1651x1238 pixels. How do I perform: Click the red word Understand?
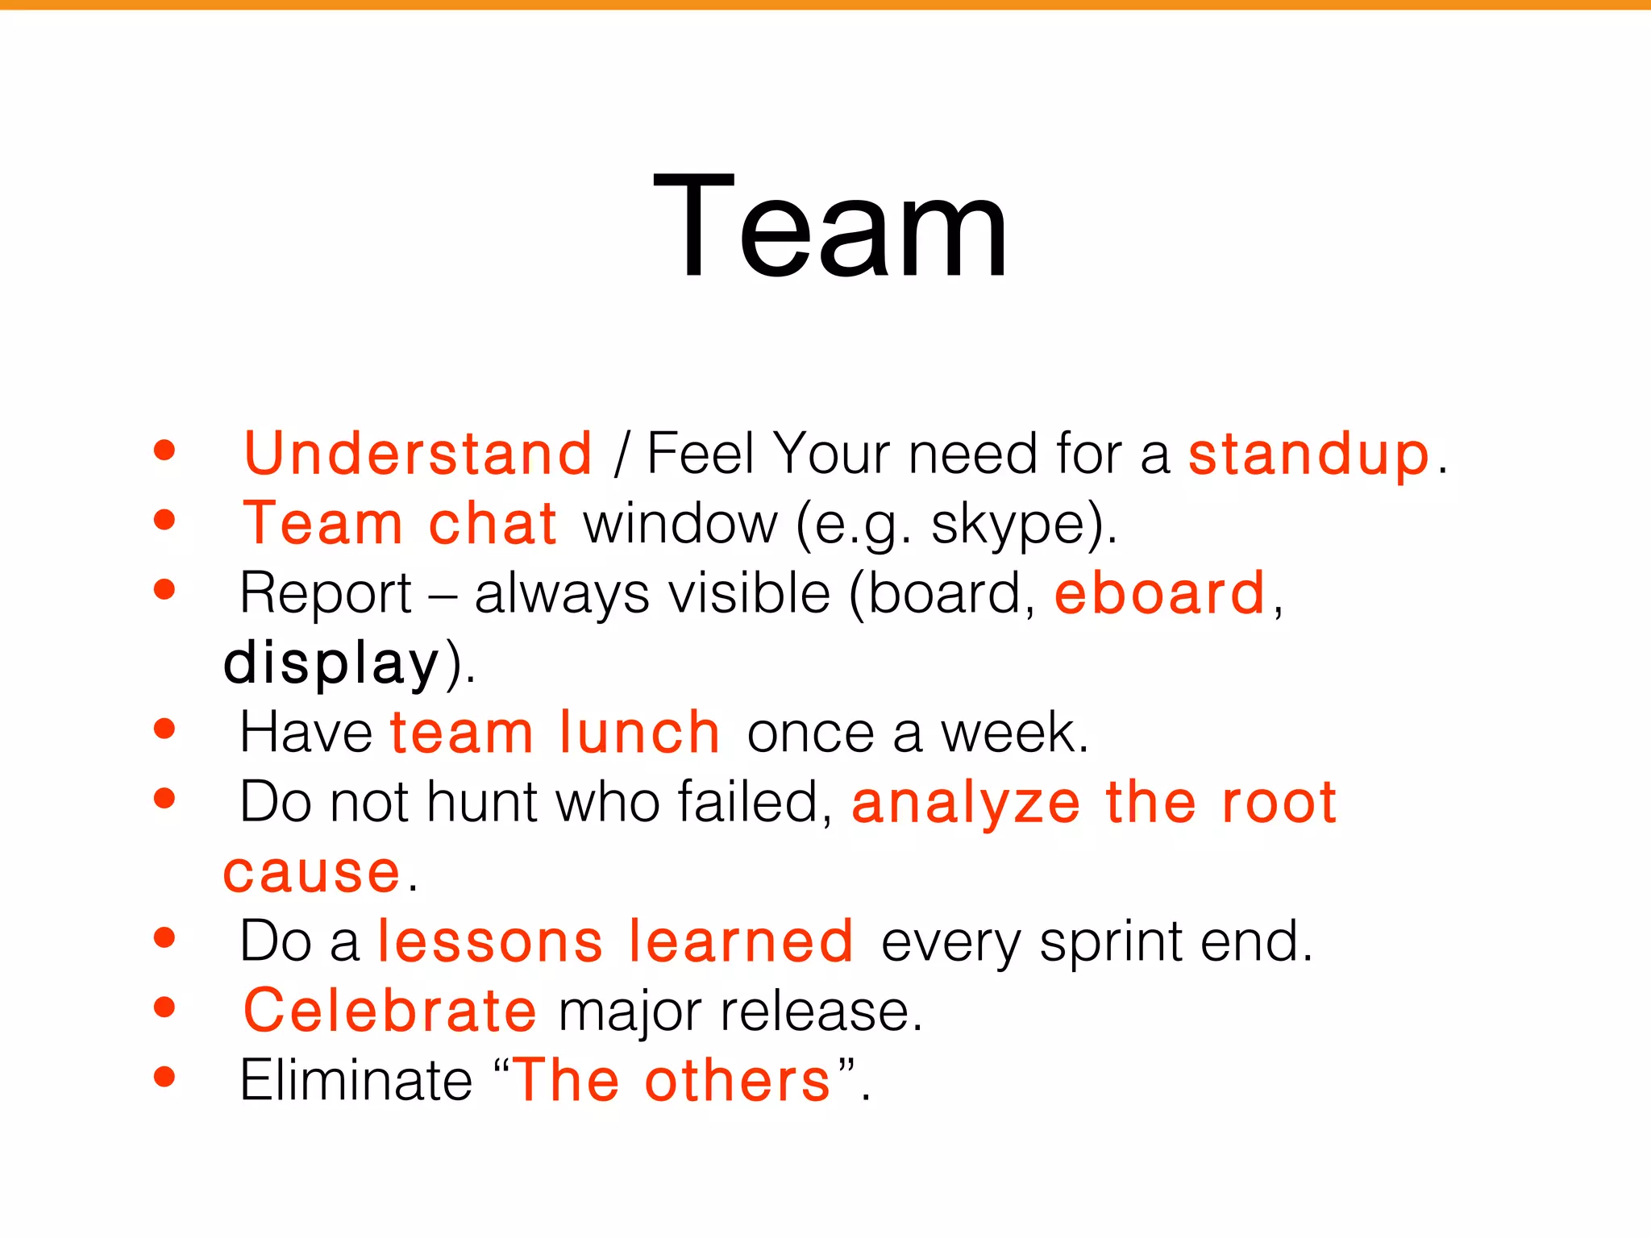tap(418, 454)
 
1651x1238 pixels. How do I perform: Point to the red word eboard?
tap(1159, 594)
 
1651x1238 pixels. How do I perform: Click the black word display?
tap(331, 664)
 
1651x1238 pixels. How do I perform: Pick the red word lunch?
tap(639, 733)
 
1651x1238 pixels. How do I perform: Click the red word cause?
tap(311, 873)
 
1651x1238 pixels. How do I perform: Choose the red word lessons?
tap(490, 941)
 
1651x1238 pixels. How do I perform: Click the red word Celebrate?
tap(389, 1011)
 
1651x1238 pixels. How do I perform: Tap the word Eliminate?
tap(356, 1081)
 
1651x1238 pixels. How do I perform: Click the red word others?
tap(737, 1081)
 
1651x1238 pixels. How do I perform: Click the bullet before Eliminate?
tap(164, 1077)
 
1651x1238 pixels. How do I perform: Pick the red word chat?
tap(493, 524)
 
